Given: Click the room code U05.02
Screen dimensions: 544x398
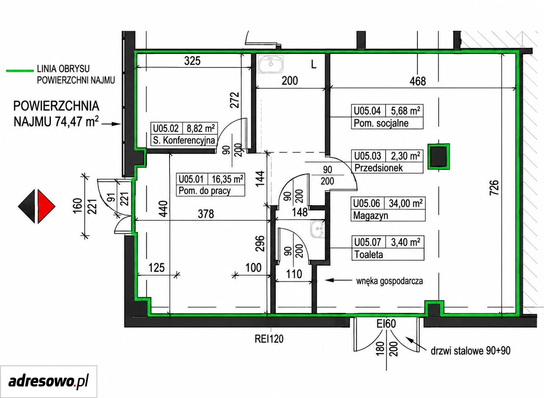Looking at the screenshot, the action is click(166, 128).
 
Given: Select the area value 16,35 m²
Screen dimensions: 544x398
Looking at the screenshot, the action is click(227, 179).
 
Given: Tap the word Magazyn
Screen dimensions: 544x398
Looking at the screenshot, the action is click(370, 215).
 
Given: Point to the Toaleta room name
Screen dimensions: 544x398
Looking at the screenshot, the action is click(368, 254).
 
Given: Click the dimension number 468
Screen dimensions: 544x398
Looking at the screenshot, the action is click(418, 81).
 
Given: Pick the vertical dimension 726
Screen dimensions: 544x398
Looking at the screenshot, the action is click(494, 187).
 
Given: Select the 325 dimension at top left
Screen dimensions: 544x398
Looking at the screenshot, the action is click(193, 61).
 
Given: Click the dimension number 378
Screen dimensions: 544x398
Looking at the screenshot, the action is click(206, 214).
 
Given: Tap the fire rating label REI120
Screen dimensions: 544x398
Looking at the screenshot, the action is click(269, 339).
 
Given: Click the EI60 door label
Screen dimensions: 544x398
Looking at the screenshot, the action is click(386, 324).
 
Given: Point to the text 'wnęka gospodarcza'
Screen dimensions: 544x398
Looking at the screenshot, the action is click(390, 281).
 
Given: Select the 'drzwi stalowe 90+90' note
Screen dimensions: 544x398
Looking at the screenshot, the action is click(470, 351).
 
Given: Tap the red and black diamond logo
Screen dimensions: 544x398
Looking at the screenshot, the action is click(37, 206).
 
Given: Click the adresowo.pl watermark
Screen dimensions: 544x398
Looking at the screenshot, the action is click(48, 381).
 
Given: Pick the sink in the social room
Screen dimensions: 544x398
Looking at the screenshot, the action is click(271, 64).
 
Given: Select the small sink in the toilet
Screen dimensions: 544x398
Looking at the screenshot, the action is click(317, 229).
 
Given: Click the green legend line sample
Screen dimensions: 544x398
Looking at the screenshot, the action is click(20, 71).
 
